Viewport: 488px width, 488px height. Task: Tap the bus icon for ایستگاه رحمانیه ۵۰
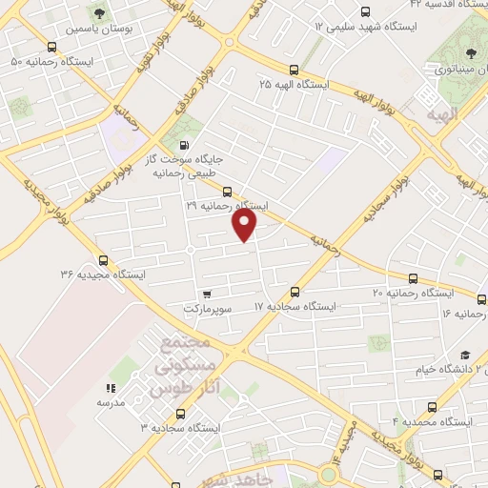point(50,46)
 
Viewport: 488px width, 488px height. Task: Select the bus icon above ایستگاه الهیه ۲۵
point(293,70)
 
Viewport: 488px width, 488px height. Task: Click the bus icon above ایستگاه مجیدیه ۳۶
point(103,258)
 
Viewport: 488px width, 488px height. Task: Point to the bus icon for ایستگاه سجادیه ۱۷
point(295,292)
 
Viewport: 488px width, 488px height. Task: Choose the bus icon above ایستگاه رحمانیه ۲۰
point(413,278)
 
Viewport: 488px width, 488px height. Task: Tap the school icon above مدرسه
point(111,388)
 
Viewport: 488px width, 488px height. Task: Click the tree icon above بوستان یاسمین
point(99,12)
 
